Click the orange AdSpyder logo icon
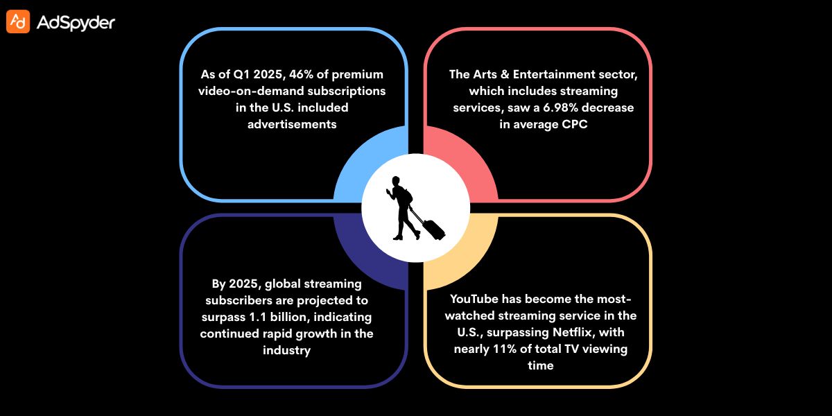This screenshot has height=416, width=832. point(18,22)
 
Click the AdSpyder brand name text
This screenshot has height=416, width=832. point(76,23)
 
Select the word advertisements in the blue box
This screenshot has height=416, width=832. point(292,124)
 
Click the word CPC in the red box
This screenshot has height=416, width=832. point(573,125)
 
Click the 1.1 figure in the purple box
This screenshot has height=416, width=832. point(283,318)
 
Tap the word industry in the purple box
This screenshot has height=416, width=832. point(286,351)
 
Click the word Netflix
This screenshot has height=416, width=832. point(561,332)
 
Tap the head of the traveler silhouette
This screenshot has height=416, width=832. point(397,182)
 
